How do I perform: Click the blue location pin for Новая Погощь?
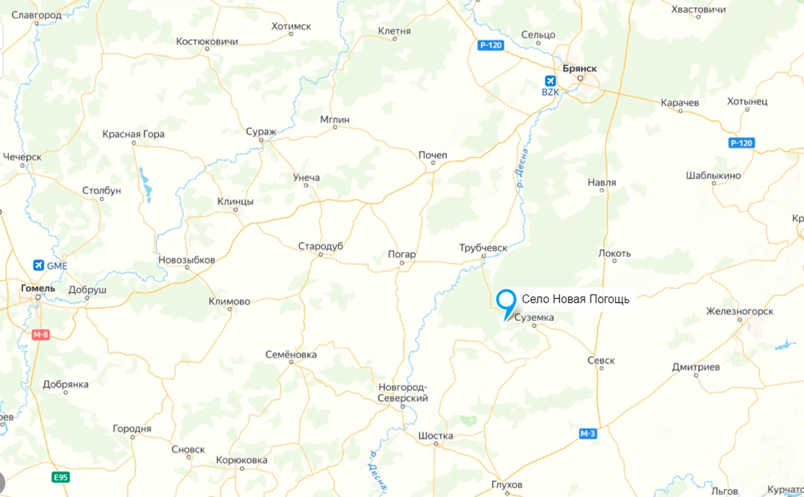[x=506, y=301]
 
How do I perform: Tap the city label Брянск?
[x=580, y=68]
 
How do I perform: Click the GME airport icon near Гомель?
[x=38, y=265]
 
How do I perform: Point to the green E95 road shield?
[x=61, y=477]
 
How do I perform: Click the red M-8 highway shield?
[x=41, y=335]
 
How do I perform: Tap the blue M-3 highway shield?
[x=588, y=434]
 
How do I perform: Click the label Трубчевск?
[x=484, y=248]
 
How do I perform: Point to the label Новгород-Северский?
[x=403, y=393]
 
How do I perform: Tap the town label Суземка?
[x=534, y=318]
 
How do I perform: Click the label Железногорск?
[x=739, y=312]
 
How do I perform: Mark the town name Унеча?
[x=306, y=178]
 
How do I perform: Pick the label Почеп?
[x=433, y=155]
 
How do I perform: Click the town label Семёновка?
[x=291, y=355]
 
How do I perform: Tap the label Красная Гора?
[x=134, y=134]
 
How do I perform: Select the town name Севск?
[x=601, y=360]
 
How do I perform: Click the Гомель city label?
[x=38, y=288]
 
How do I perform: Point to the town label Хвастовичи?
[x=698, y=10]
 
